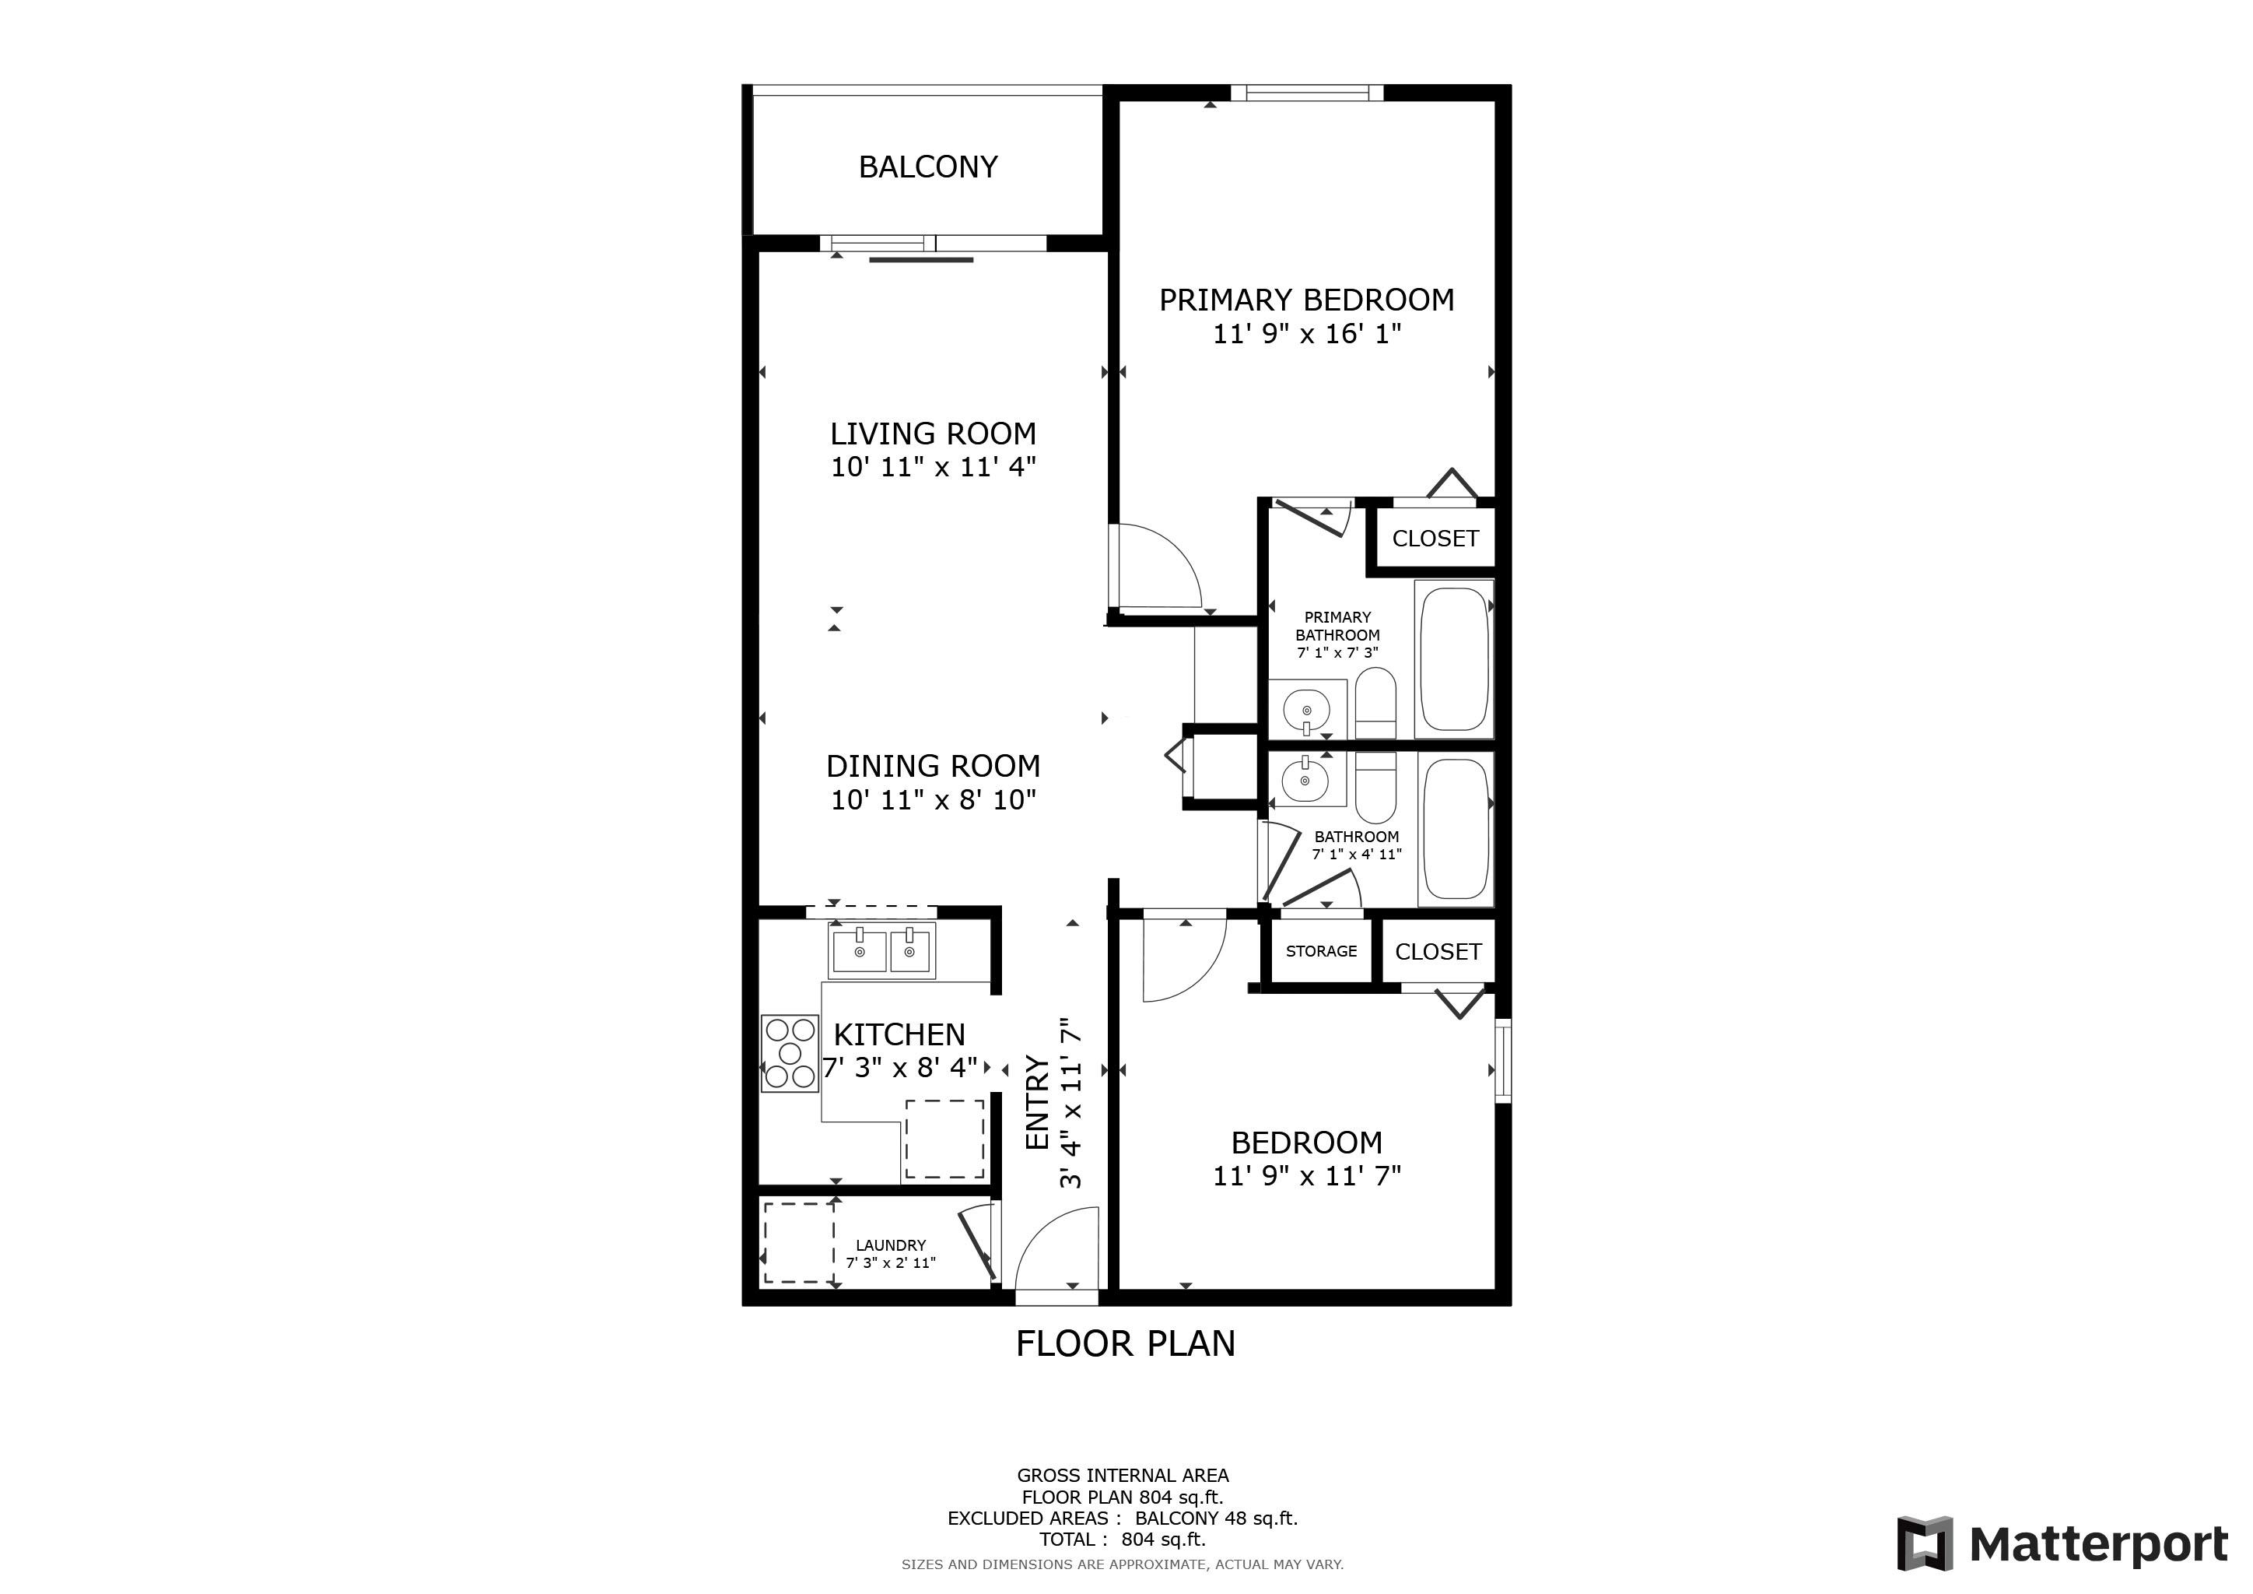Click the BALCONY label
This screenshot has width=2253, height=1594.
point(927,167)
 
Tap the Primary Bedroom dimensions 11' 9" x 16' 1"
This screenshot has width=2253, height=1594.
point(1306,334)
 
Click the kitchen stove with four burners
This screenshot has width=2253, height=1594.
point(790,1054)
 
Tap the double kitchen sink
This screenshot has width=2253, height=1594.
point(882,950)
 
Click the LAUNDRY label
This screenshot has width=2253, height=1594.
point(890,1245)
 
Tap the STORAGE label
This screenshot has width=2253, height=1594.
point(1321,950)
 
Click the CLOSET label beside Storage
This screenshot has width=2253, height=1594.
point(1438,951)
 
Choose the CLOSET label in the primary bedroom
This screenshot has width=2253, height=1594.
point(1435,538)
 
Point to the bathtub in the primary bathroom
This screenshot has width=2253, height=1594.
point(1453,658)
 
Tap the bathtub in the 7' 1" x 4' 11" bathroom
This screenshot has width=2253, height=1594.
point(1456,830)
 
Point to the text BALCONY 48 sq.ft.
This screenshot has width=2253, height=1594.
point(1216,1519)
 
